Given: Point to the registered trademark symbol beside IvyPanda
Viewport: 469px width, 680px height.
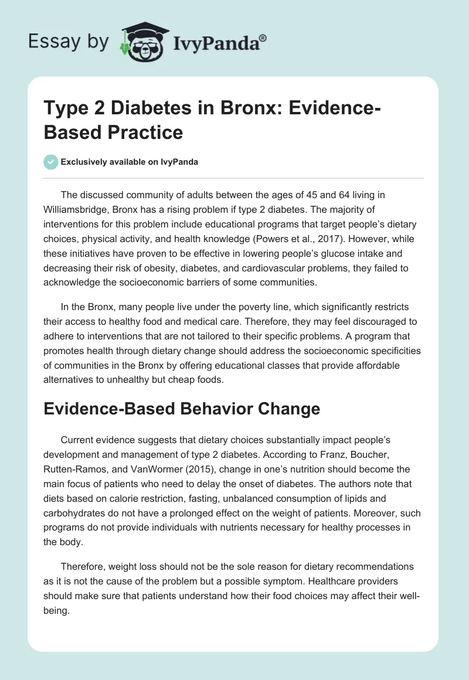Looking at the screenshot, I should click(x=263, y=38).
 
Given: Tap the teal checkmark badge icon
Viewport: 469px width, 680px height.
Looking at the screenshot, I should click(x=50, y=162).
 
